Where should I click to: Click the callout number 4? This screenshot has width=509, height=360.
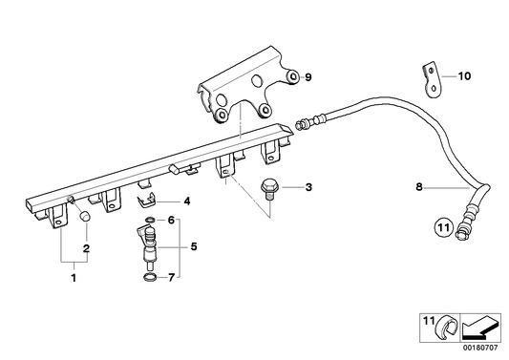(x=187, y=201)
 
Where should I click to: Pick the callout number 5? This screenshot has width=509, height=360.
(x=195, y=247)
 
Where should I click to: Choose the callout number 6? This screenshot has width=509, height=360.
(x=171, y=220)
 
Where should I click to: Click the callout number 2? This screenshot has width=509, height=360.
(x=87, y=249)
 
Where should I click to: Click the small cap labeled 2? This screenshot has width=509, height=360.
(x=84, y=218)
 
